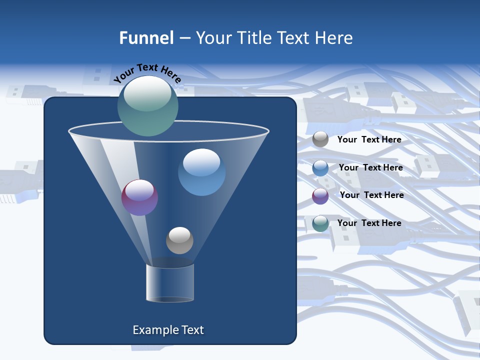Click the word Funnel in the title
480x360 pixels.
point(146,38)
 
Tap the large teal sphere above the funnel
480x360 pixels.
point(148,105)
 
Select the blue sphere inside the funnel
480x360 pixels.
point(201,172)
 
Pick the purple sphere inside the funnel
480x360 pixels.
point(139,197)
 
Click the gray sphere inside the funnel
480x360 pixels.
point(179,240)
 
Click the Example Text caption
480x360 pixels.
point(168,330)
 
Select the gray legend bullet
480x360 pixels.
point(320,139)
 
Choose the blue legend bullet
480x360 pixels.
point(320,168)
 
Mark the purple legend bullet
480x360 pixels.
point(320,196)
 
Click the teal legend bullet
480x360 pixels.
point(320,223)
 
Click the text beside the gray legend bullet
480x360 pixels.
point(369,139)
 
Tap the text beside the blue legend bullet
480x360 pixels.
point(370,167)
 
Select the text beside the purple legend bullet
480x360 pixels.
point(371,195)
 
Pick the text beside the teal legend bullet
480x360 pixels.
point(369,223)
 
